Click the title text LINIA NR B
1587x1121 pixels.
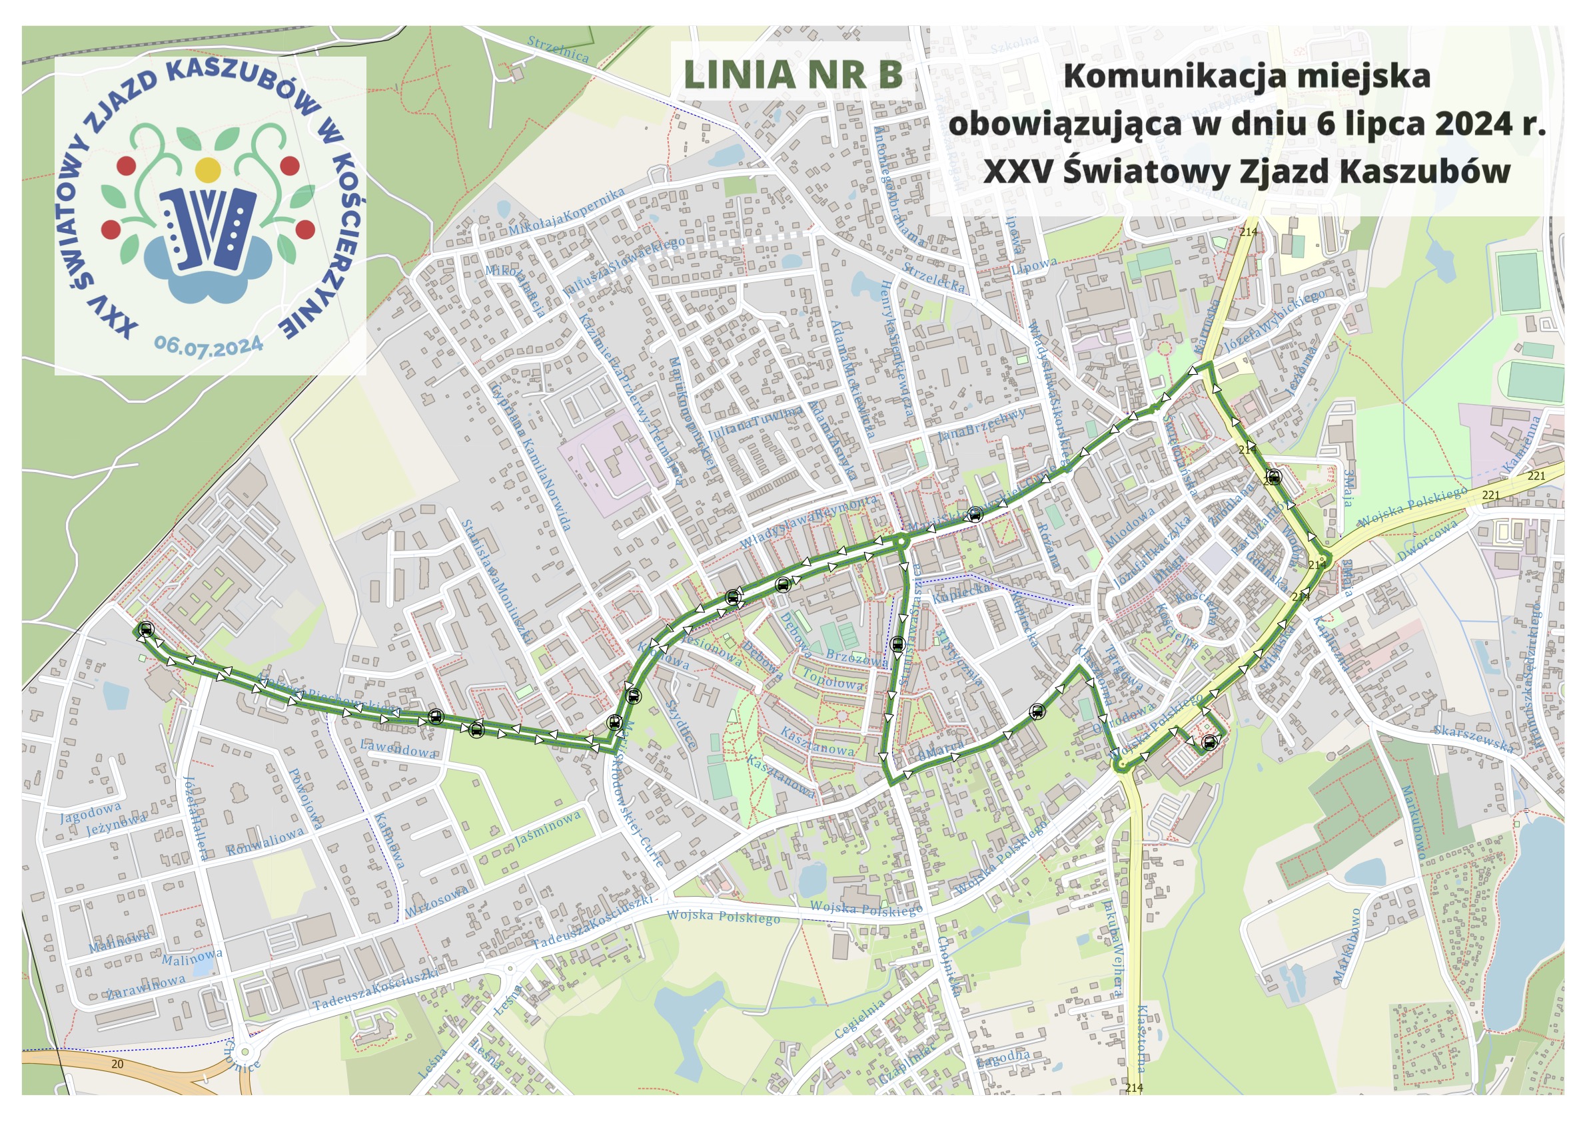[792, 75]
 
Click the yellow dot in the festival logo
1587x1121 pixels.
[208, 169]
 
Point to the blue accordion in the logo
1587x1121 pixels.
[207, 226]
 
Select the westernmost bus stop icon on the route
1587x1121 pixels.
[146, 629]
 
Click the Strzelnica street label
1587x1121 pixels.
[558, 49]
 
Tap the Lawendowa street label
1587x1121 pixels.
[399, 748]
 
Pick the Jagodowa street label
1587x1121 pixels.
[91, 812]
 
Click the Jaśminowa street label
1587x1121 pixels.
[548, 829]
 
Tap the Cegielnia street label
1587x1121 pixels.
[859, 1018]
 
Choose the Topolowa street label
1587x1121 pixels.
[832, 680]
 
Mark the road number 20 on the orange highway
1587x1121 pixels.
[117, 1064]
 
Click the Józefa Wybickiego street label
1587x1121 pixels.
[1273, 322]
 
